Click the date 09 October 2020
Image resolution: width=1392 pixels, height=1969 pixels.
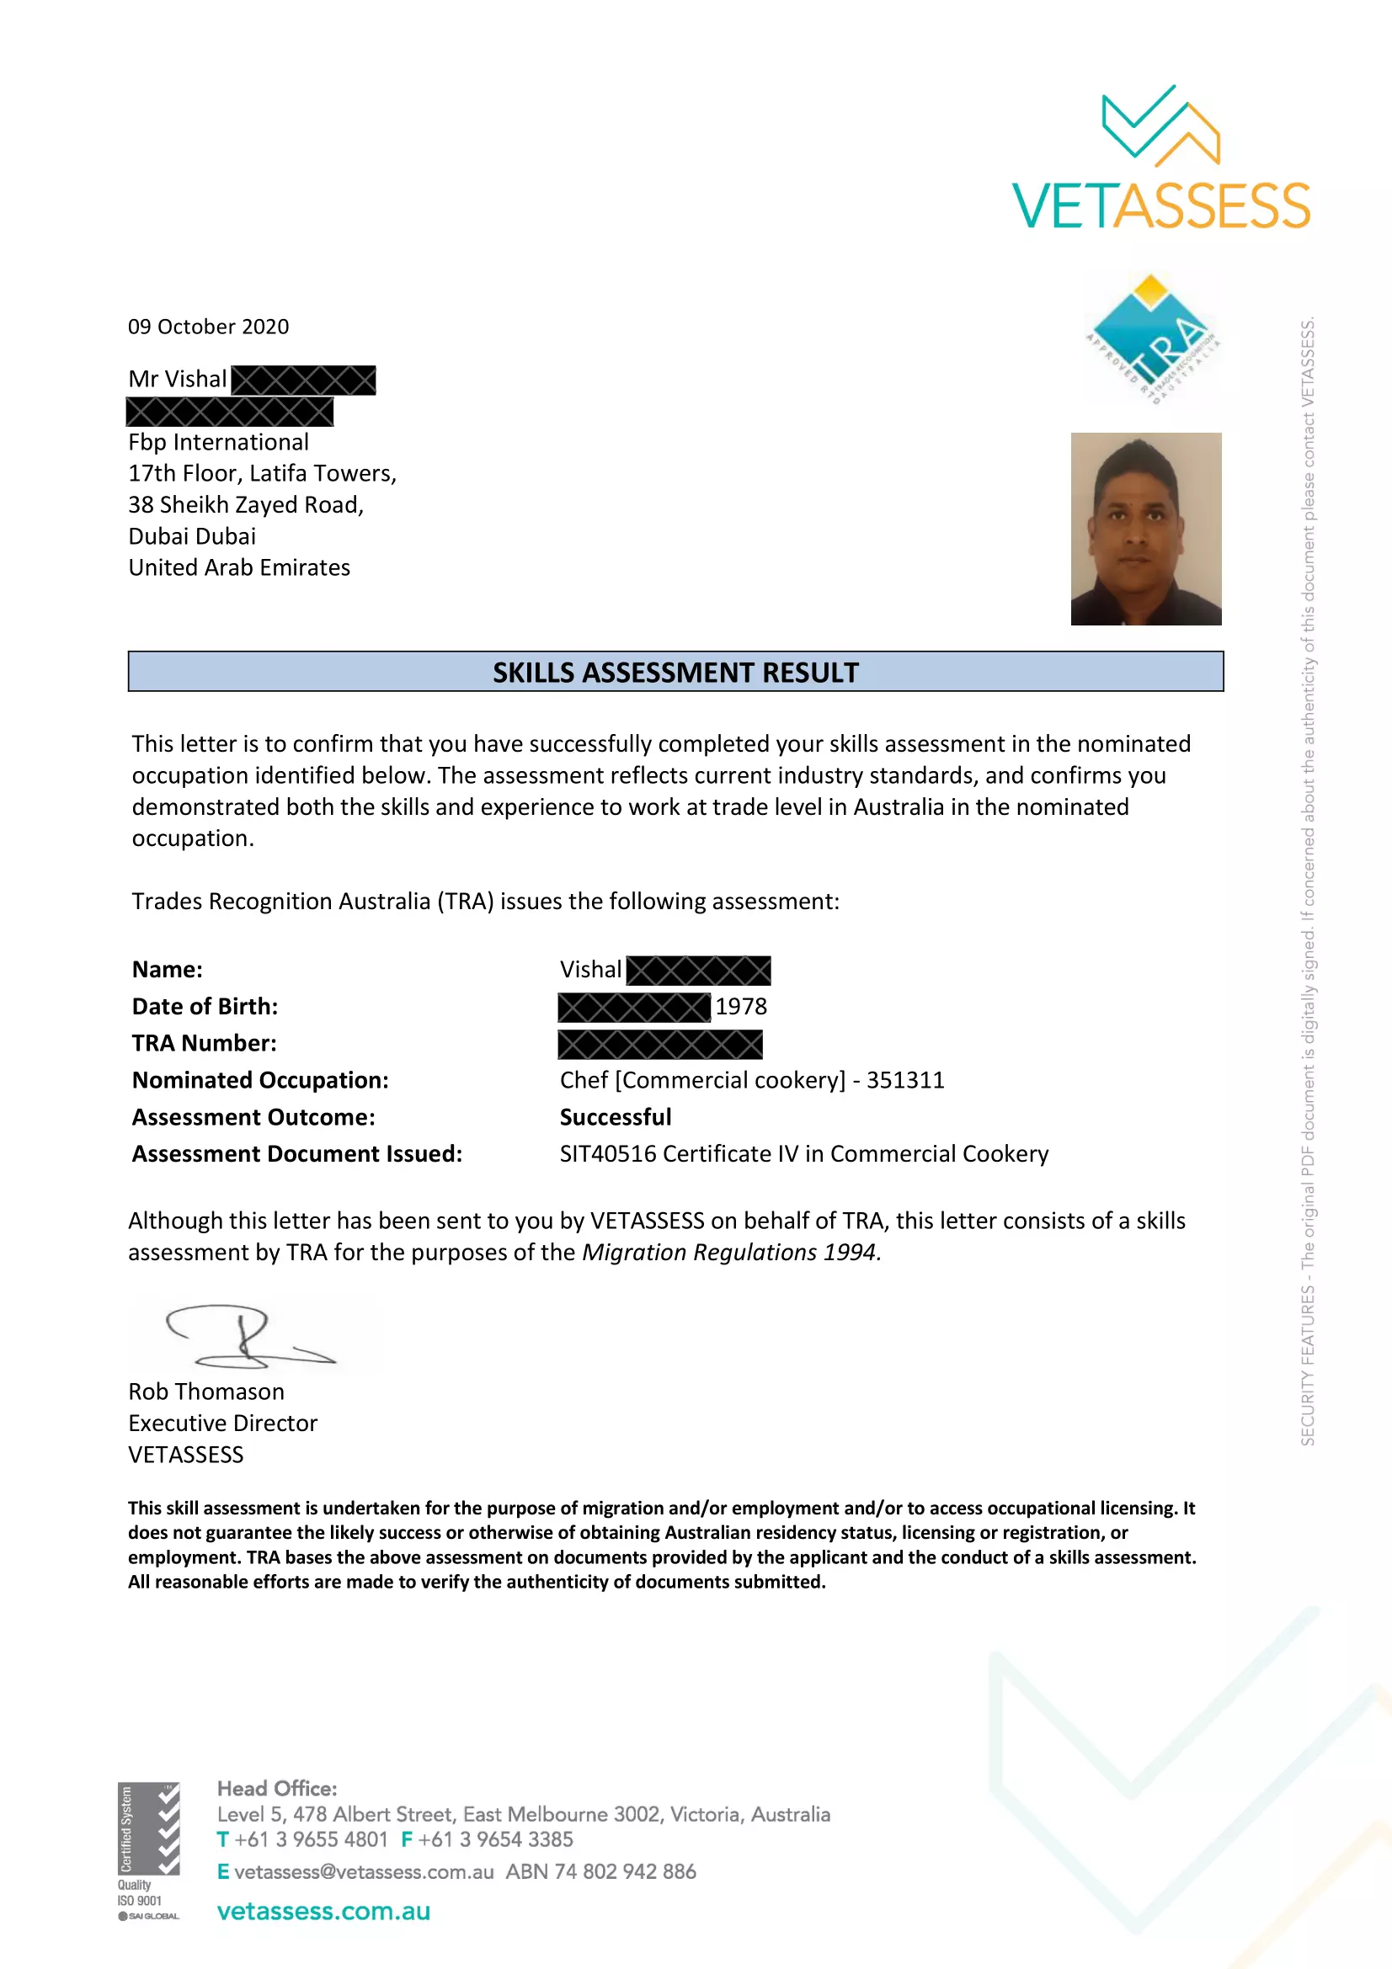[x=208, y=327]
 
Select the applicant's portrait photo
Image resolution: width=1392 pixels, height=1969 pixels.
[x=1145, y=529]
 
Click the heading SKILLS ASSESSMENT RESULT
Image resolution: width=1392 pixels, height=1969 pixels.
[x=675, y=673]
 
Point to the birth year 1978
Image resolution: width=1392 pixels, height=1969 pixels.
[x=741, y=1007]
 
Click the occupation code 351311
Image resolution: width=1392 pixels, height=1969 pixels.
[x=905, y=1081]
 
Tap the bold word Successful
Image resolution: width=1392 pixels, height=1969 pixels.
[x=615, y=1117]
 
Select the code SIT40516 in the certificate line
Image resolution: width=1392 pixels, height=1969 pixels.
[x=608, y=1154]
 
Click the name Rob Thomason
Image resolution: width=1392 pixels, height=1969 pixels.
[x=205, y=1392]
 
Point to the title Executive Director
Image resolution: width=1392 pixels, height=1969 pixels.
[x=223, y=1424]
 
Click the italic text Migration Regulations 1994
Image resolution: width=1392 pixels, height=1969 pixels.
[x=731, y=1253]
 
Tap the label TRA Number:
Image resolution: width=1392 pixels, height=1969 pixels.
[x=204, y=1044]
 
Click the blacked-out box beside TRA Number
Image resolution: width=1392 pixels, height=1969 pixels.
[x=659, y=1045]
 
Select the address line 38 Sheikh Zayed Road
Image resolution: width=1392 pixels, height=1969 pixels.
[x=246, y=505]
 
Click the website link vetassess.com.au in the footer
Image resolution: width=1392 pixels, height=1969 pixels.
[x=323, y=1912]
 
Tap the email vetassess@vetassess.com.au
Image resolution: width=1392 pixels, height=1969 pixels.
[x=364, y=1872]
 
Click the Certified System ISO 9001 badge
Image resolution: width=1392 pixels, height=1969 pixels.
[x=148, y=1850]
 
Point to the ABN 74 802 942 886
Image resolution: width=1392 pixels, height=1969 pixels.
[x=600, y=1872]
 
